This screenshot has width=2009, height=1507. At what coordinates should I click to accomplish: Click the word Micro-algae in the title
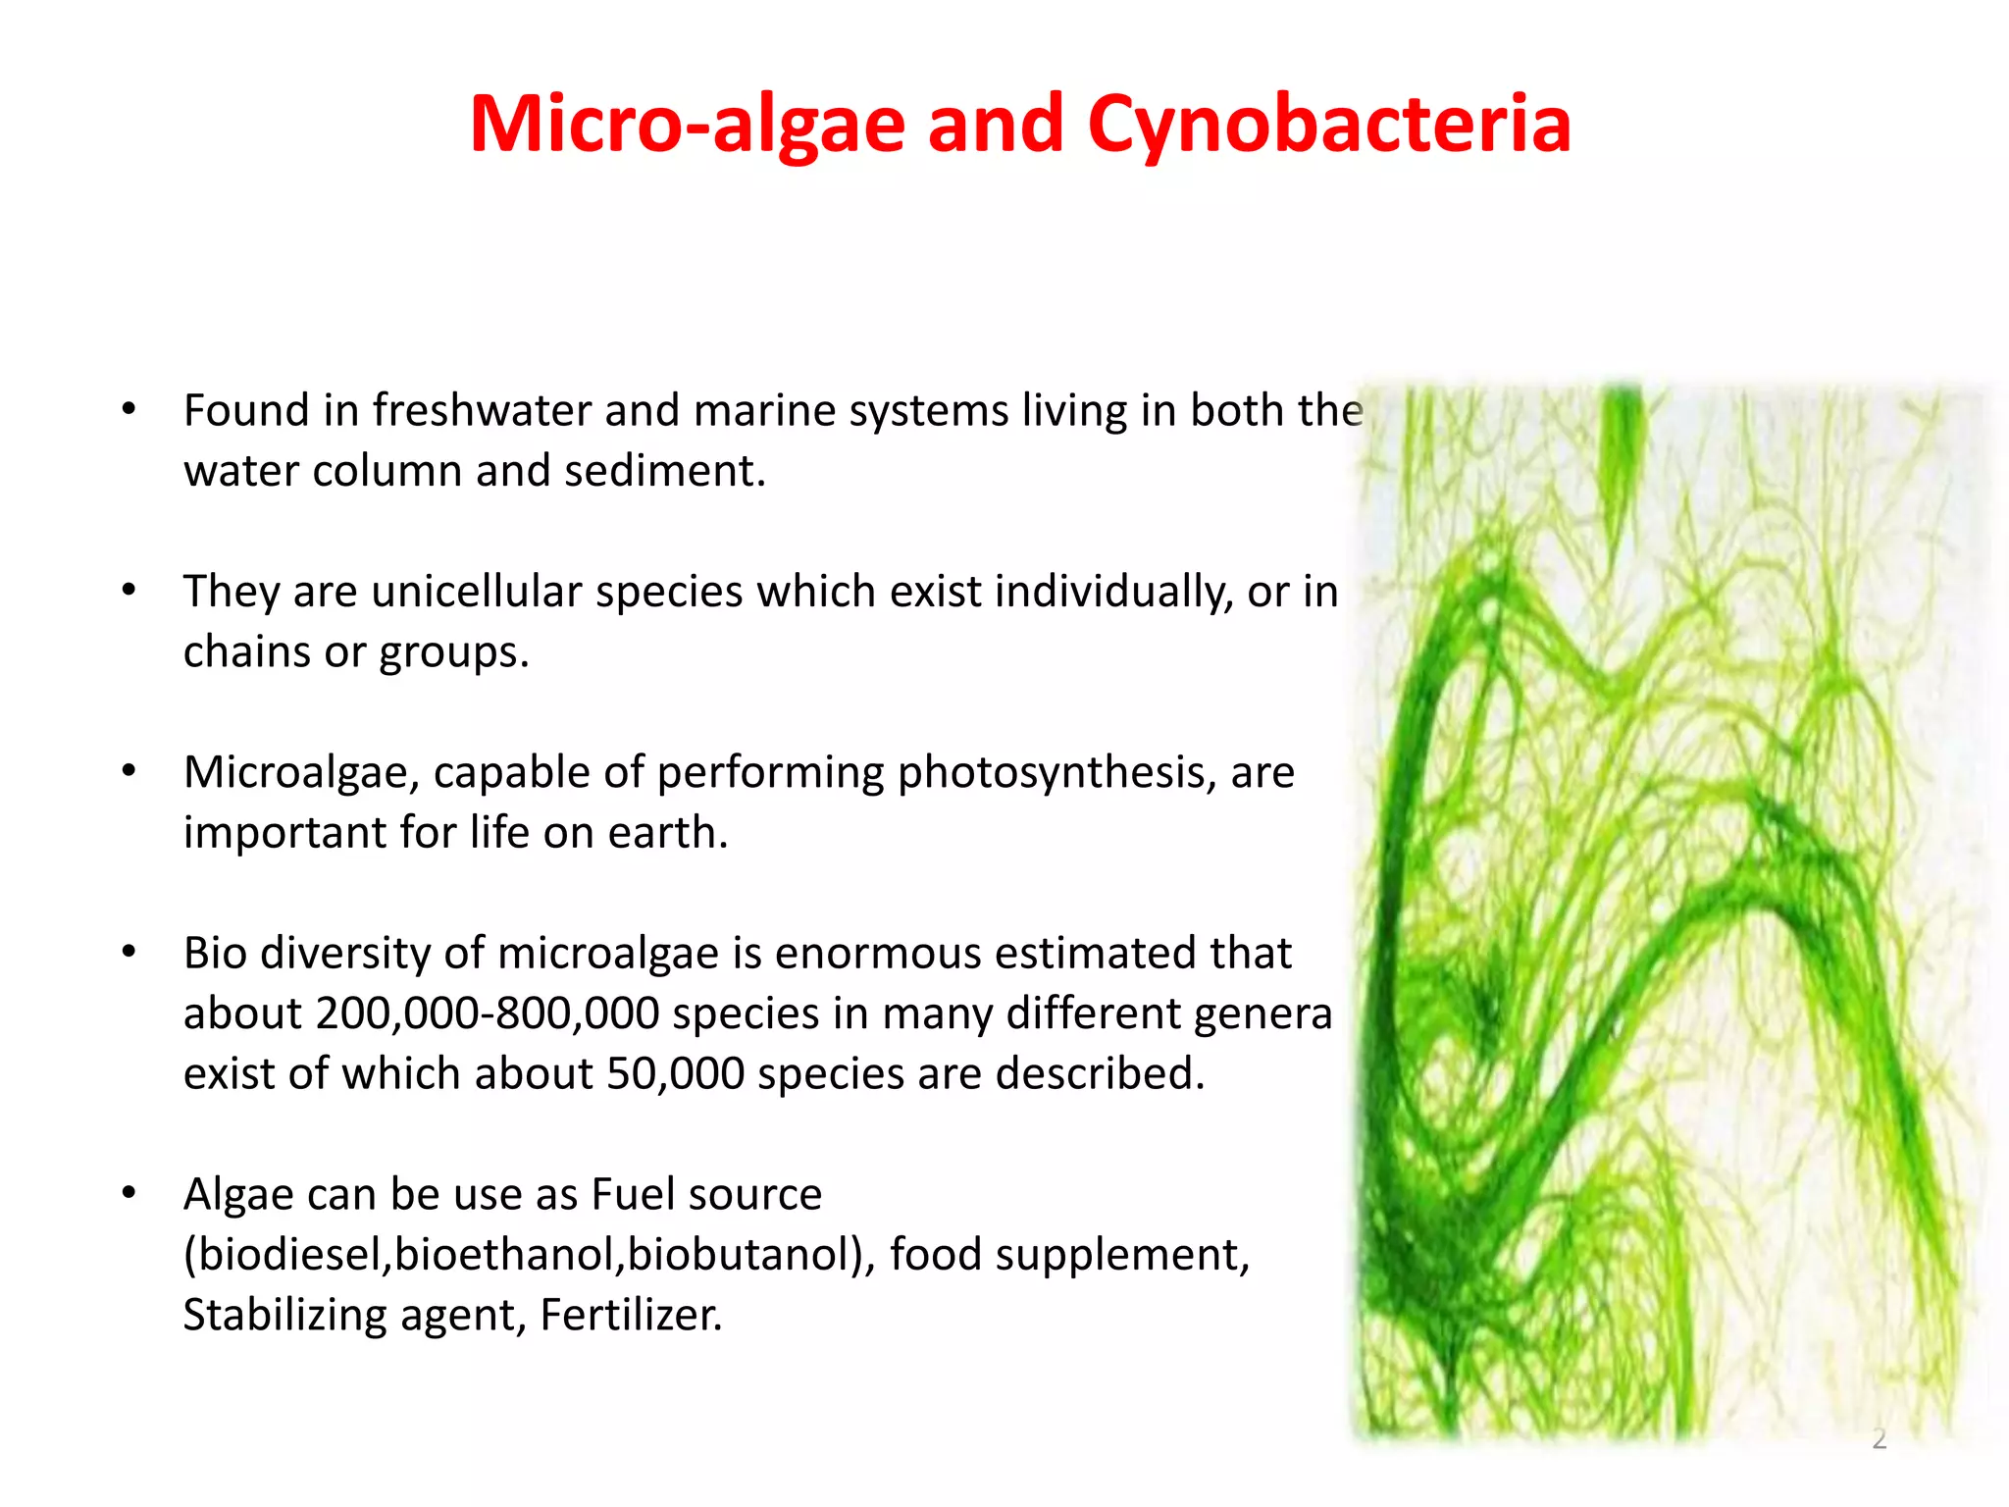687,126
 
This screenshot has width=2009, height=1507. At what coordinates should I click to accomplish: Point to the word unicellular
477,592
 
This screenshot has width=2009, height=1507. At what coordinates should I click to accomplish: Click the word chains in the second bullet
245,652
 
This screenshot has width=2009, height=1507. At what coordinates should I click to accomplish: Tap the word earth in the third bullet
667,833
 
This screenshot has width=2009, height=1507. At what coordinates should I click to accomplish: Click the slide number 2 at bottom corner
1879,1438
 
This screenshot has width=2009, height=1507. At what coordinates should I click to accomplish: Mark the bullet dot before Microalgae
129,772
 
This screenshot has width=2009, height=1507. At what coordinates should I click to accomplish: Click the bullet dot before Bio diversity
129,953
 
